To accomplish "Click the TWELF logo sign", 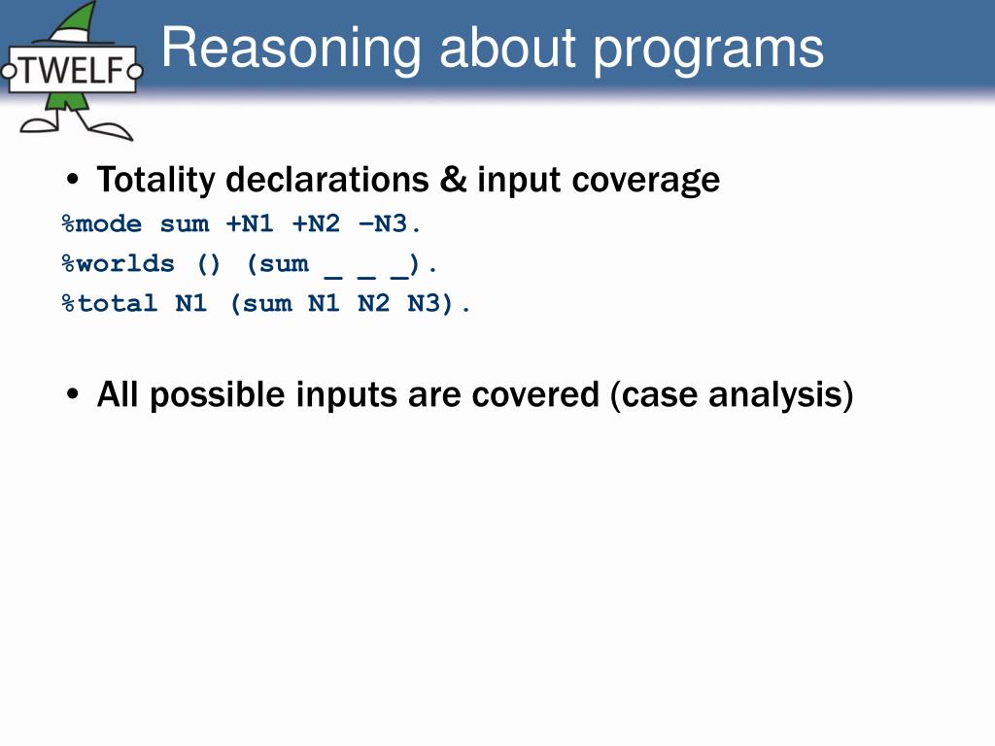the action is coord(72,70).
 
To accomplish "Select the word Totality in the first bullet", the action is coord(156,180).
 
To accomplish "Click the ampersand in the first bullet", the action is coord(453,180).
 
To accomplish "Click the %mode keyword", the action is coord(101,224).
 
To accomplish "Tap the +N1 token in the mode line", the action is coord(250,223).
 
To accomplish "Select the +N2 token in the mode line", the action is coord(316,223).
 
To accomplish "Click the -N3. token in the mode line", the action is coord(389,223).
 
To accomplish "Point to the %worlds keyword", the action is coord(118,263).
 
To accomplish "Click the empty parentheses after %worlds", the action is coord(209,264).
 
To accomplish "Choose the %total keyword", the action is coord(110,303).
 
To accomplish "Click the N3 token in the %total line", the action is coord(424,303).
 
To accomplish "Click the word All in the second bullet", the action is coord(118,394).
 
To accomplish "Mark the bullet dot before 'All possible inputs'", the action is coord(73,394).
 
